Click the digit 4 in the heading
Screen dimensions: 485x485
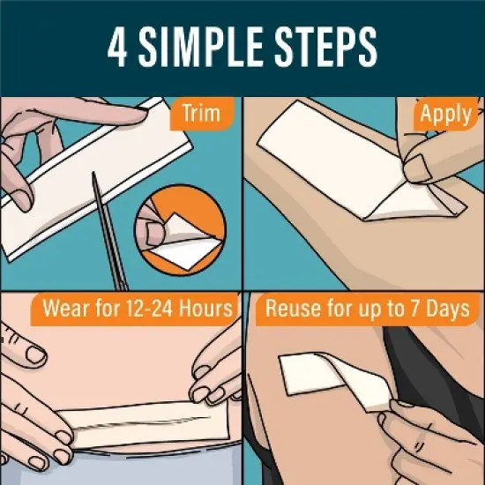tap(117, 47)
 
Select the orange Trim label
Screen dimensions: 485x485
tap(202, 113)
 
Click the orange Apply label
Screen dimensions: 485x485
tap(445, 114)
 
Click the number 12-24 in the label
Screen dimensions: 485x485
tap(149, 309)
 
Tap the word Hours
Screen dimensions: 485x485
tap(205, 309)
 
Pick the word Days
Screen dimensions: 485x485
tap(448, 309)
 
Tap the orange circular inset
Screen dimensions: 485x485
tap(180, 230)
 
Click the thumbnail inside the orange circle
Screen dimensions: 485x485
tap(154, 233)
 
